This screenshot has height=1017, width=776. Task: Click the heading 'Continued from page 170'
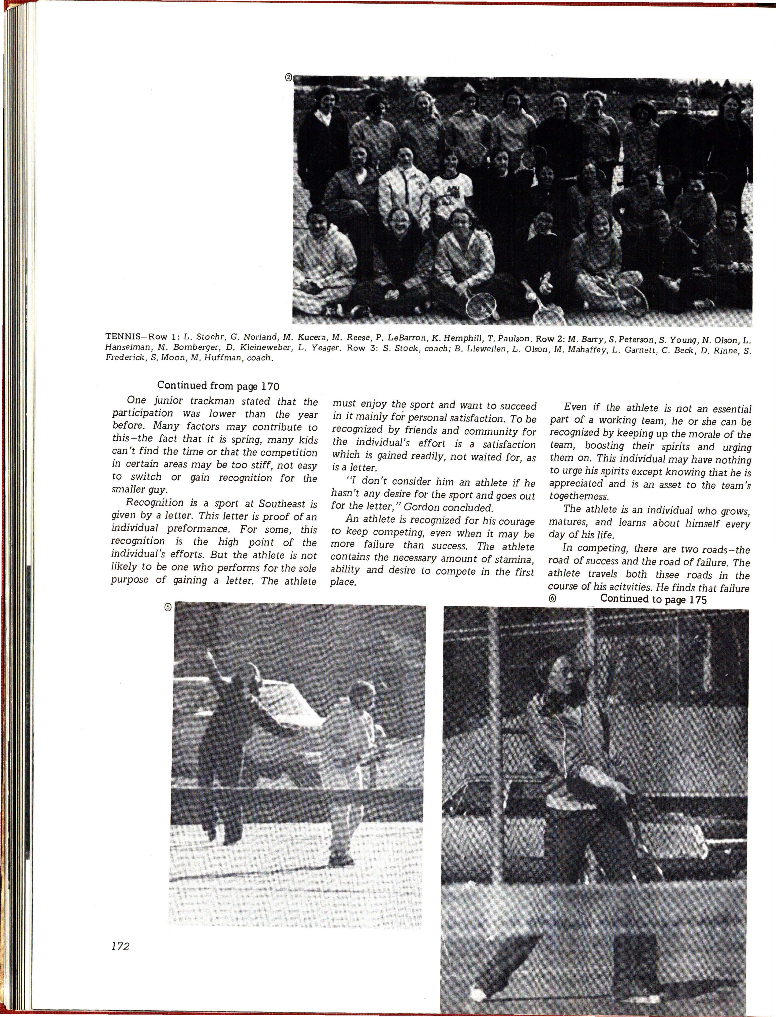point(219,386)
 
